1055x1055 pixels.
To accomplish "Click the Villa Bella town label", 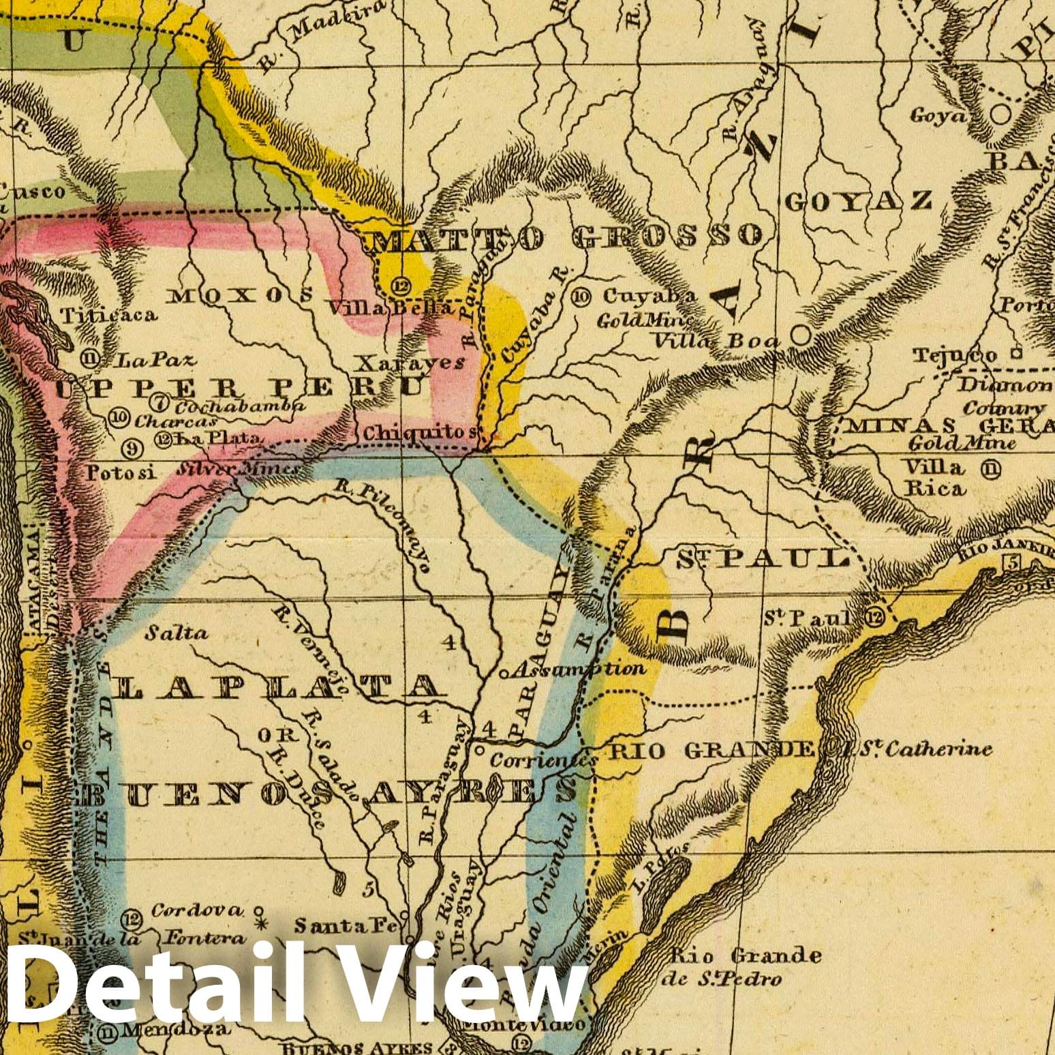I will pos(390,309).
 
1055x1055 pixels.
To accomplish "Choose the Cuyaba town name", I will pos(649,296).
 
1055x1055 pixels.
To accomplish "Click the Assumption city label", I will pos(577,669).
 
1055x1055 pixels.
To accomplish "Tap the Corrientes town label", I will pos(544,759).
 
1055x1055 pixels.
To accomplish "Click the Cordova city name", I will pos(196,910).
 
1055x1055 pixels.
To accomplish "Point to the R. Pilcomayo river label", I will pos(386,527).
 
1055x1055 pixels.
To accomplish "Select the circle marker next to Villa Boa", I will pos(801,335).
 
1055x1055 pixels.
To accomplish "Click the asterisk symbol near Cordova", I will pos(259,925).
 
